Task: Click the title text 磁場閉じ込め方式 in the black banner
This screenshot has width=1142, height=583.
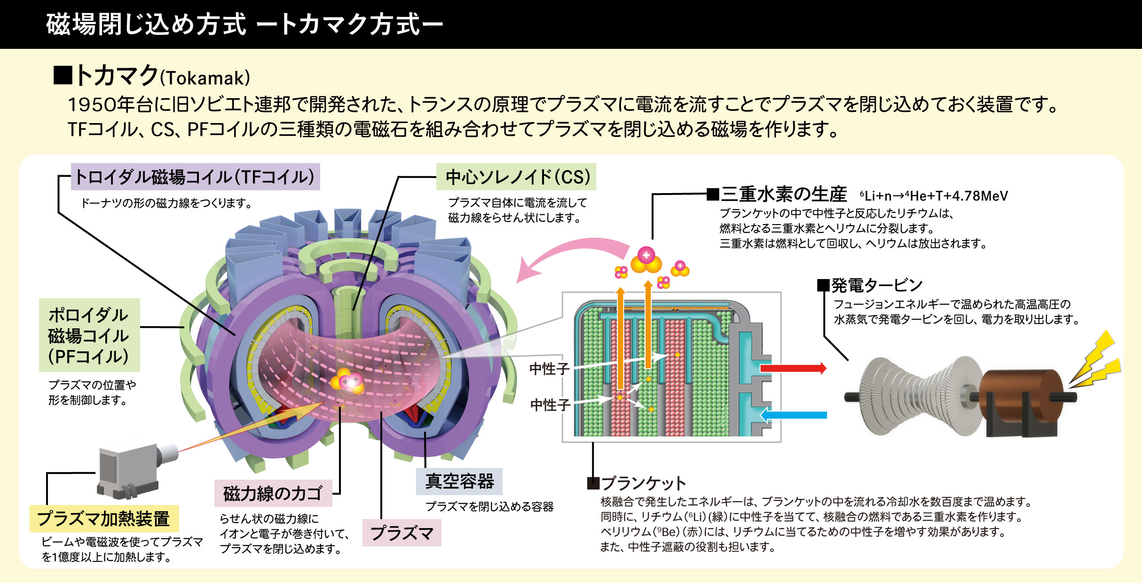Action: pos(146,24)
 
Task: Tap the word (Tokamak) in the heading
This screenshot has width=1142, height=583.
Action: pos(205,78)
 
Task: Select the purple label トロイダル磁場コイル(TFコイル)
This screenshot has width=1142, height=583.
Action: pos(195,177)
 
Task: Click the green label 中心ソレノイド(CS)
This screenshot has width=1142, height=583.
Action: pos(516,177)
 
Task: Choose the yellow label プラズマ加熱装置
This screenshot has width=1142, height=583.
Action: pos(104,519)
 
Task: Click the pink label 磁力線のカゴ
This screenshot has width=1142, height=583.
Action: pos(273,493)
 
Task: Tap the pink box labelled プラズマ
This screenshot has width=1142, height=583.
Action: pos(402,533)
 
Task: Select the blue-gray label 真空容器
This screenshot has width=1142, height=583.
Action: pos(459,482)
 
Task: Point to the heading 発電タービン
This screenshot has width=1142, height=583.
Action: pos(876,285)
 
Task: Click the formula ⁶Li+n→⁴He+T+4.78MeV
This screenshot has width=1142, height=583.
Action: pos(934,196)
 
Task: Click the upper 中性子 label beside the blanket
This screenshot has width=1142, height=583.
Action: pos(549,369)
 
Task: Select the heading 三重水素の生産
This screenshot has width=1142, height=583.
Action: pos(784,194)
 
